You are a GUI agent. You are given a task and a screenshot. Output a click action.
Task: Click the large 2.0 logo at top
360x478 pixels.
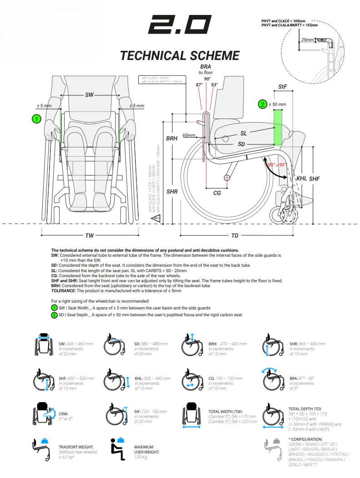point(180,25)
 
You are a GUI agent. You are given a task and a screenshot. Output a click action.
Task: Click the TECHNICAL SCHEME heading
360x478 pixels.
point(180,55)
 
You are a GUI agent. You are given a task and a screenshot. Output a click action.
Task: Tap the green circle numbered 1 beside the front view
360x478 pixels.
point(37,119)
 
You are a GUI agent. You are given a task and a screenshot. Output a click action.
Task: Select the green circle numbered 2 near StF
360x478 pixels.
point(262,105)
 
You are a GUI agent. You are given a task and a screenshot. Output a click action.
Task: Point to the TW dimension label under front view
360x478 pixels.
point(90,236)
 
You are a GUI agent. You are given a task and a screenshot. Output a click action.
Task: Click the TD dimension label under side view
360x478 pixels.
point(235,236)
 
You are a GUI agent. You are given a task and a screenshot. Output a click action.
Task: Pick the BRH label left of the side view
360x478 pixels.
point(171,139)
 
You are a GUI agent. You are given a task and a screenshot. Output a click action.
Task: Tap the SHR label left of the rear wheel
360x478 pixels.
point(172,192)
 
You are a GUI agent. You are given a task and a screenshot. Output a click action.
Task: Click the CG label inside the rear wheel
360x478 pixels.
point(217,193)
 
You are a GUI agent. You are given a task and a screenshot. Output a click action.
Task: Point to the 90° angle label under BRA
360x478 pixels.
point(207,79)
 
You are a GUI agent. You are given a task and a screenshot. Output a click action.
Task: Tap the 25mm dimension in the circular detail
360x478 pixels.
point(307,40)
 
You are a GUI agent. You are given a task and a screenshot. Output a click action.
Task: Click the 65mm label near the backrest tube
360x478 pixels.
point(189,135)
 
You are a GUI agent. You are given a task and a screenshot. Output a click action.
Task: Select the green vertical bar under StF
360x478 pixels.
point(277,126)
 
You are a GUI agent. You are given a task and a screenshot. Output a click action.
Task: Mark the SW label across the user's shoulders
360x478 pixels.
point(90,95)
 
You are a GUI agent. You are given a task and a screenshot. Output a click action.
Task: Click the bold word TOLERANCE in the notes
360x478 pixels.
point(63,290)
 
